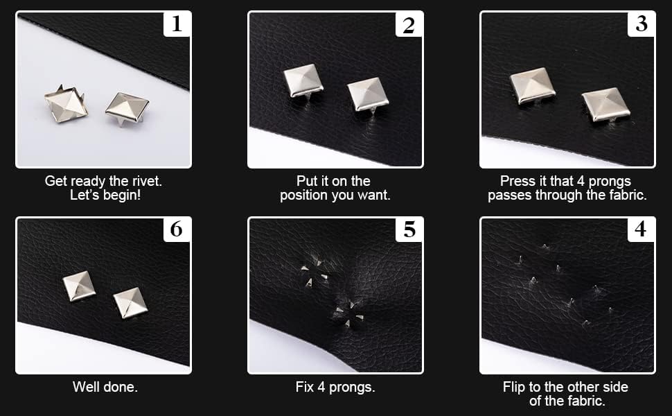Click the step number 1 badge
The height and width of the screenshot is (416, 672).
pyautogui.click(x=177, y=24)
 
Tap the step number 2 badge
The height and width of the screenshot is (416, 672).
pyautogui.click(x=409, y=24)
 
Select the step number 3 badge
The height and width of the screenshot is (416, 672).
pyautogui.click(x=641, y=24)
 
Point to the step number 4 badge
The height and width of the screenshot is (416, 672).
pyautogui.click(x=641, y=229)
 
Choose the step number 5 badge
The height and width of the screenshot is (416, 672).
pyautogui.click(x=409, y=229)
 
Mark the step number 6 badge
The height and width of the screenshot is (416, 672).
pyautogui.click(x=177, y=229)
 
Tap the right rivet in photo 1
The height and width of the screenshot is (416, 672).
pyautogui.click(x=127, y=108)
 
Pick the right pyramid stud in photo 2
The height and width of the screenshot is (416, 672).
pyautogui.click(x=368, y=96)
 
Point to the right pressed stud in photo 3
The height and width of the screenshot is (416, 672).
pyautogui.click(x=605, y=104)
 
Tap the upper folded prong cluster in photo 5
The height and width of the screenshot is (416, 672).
pyautogui.click(x=315, y=273)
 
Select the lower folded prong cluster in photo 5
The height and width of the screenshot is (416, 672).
pyautogui.click(x=348, y=314)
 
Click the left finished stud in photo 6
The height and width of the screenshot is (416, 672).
pyautogui.click(x=79, y=286)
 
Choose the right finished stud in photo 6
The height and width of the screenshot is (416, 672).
pyautogui.click(x=130, y=302)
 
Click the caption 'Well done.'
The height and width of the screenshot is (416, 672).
pyautogui.click(x=105, y=388)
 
